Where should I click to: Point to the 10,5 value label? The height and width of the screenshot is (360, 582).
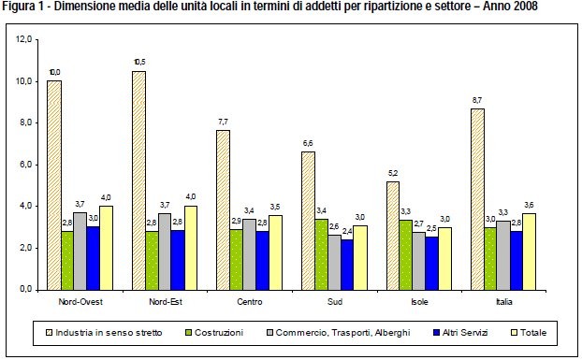(138, 64)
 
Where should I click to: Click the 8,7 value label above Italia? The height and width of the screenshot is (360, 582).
(504, 100)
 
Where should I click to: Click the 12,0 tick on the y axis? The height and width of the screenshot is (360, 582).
(25, 39)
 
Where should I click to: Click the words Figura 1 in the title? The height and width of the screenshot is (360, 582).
(22, 7)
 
